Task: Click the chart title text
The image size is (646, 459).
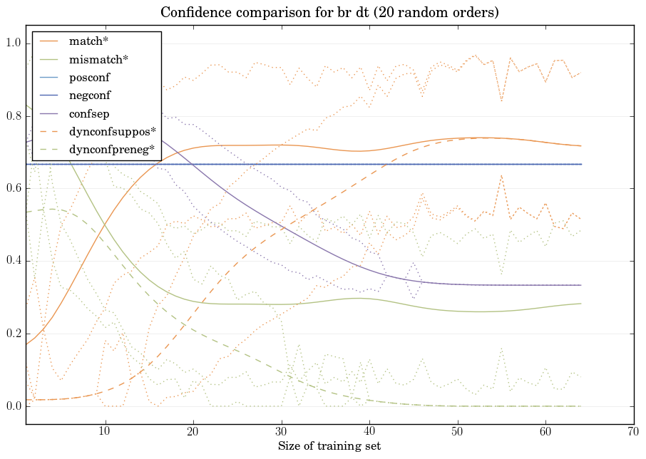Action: tap(329, 13)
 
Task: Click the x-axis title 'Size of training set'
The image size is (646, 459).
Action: tap(329, 447)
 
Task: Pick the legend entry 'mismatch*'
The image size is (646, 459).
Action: tap(94, 59)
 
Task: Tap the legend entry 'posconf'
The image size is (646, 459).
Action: tap(90, 77)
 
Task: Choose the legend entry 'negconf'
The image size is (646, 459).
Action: tap(90, 95)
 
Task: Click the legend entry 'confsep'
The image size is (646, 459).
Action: tap(89, 113)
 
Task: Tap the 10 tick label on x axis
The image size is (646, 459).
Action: tap(105, 432)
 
